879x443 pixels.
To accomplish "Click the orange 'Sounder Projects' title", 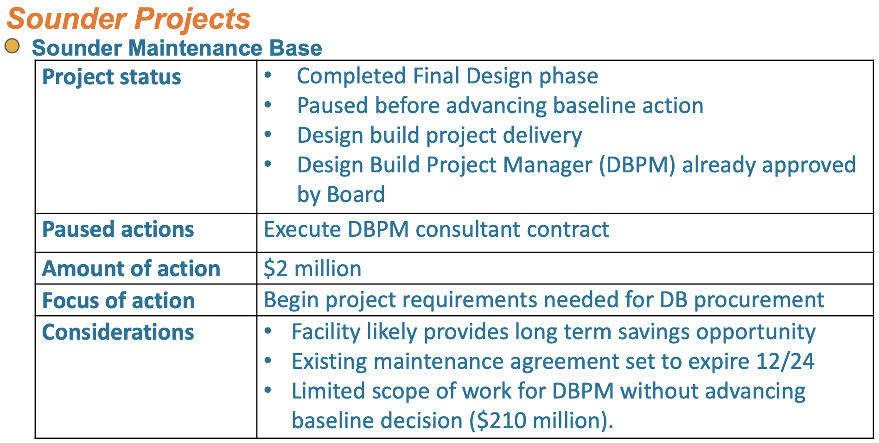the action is click(128, 19).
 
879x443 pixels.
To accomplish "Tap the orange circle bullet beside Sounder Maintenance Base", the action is click(12, 46).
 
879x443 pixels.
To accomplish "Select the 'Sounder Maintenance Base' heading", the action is click(177, 48).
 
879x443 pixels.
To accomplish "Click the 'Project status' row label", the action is click(111, 77).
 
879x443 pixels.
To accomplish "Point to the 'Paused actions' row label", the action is click(118, 229).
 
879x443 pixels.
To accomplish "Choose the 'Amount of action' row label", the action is click(131, 269).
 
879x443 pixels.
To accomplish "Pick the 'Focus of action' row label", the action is click(118, 301).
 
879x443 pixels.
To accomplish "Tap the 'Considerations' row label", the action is click(118, 332).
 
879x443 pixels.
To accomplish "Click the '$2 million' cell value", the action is click(312, 269).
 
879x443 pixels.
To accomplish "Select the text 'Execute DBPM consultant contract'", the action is click(436, 229).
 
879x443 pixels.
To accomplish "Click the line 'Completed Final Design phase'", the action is click(447, 76).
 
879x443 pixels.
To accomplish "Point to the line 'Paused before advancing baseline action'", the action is click(500, 106).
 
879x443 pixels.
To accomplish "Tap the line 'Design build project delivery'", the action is click(439, 135).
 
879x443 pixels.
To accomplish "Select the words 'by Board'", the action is click(341, 195).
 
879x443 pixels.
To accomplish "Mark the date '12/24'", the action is click(785, 361).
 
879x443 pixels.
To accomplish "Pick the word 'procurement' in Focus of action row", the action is click(759, 300).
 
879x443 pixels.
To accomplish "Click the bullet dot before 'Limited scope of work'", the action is click(268, 390).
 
